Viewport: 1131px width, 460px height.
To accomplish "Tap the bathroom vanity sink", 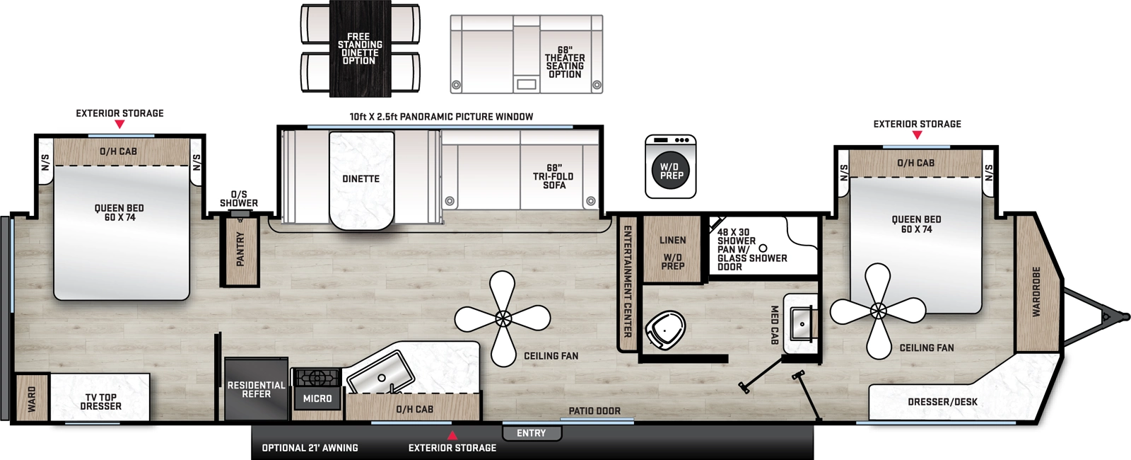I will [802, 325].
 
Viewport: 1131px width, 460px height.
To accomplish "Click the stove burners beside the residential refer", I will [317, 377].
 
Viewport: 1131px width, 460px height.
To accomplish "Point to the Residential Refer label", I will [256, 390].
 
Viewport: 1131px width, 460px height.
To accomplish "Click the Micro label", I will [317, 399].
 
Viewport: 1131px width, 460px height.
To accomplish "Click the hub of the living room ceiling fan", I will [503, 318].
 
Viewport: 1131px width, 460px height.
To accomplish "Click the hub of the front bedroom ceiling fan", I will [878, 311].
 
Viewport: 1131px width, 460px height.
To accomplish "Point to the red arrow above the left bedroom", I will [119, 125].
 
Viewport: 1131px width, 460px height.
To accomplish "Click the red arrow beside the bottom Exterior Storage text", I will [452, 435].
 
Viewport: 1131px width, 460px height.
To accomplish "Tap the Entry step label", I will [531, 433].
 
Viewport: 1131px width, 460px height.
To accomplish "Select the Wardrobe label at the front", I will [1037, 292].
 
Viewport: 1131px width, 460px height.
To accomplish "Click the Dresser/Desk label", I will [942, 402].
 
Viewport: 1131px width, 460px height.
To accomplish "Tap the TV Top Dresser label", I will [101, 402].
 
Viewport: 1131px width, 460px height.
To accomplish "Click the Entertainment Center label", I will [627, 281].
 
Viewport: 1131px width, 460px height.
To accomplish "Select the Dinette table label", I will [361, 179].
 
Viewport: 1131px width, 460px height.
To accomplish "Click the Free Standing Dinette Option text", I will [360, 48].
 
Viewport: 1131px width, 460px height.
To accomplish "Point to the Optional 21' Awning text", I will [310, 448].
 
